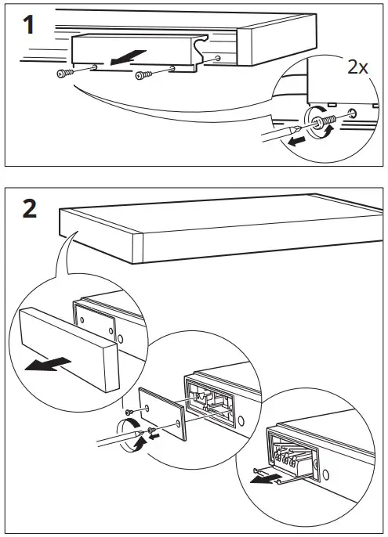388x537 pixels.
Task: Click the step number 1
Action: point(28,25)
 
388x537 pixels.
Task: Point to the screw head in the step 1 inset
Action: point(321,121)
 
